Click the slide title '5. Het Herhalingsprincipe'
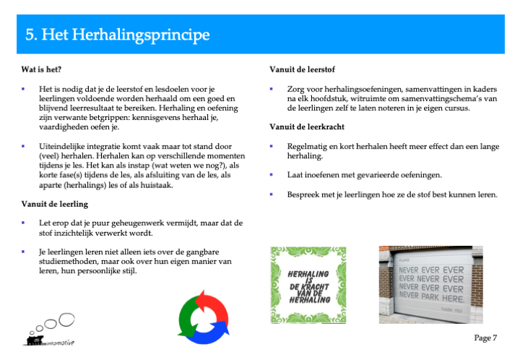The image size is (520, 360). [x=118, y=35]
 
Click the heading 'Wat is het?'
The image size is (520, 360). [x=41, y=69]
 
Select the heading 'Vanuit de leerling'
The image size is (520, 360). [x=55, y=204]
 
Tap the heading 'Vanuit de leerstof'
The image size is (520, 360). [x=302, y=69]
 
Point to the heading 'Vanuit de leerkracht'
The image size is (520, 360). [x=307, y=127]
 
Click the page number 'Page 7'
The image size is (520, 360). [x=485, y=338]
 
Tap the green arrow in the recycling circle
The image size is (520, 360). [x=186, y=317]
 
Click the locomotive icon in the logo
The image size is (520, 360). [x=35, y=340]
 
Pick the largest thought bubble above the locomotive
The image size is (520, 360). [x=66, y=320]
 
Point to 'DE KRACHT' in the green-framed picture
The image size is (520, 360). [x=309, y=287]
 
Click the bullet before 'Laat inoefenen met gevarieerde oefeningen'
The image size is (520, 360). [x=272, y=175]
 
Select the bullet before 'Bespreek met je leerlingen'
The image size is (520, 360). [x=272, y=194]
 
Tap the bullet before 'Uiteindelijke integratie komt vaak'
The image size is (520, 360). [x=23, y=146]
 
